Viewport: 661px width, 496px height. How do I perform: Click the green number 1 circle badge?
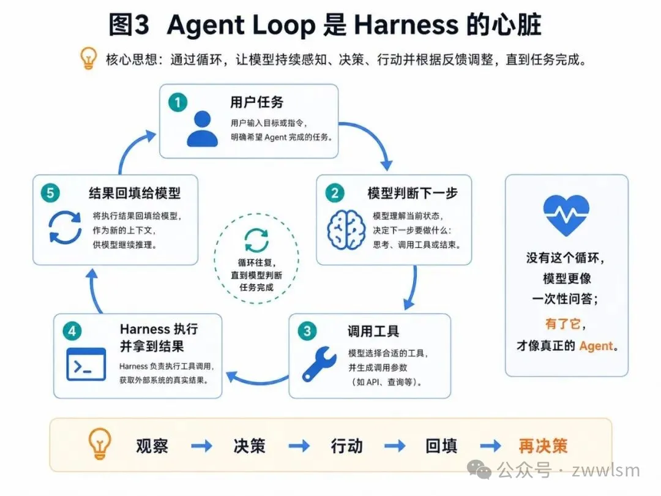click(x=177, y=102)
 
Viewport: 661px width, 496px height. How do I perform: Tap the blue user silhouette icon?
click(x=203, y=129)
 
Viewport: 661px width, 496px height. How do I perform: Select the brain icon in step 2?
click(x=346, y=230)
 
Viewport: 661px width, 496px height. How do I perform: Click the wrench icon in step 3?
click(x=319, y=364)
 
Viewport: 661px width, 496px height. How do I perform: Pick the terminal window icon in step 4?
click(x=86, y=364)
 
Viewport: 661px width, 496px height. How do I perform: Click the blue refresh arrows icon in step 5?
click(x=65, y=227)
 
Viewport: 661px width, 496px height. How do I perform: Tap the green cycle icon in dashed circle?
click(x=256, y=240)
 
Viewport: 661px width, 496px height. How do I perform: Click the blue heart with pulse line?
click(x=566, y=215)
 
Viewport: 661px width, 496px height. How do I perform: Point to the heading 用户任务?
click(x=256, y=102)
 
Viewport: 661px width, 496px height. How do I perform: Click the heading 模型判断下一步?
click(x=413, y=193)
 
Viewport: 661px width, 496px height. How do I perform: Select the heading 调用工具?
click(x=373, y=331)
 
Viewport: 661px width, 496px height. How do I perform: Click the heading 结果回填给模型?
click(x=135, y=193)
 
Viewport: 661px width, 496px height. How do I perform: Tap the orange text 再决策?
click(x=543, y=446)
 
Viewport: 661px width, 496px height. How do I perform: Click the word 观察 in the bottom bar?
click(x=152, y=446)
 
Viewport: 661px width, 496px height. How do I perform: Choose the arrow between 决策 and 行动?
click(x=299, y=445)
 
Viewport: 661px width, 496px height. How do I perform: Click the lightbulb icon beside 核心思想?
click(x=89, y=58)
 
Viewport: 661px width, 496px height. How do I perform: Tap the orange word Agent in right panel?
click(x=596, y=346)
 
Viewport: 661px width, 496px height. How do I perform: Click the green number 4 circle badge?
click(x=72, y=331)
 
